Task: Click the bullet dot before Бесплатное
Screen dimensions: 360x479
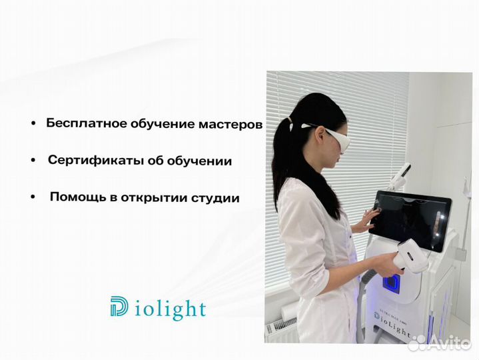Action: (x=33, y=125)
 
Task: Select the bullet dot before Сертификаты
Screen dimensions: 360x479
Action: (x=33, y=161)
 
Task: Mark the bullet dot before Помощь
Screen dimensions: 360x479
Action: (x=33, y=199)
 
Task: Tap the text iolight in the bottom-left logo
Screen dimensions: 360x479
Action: (x=169, y=309)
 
